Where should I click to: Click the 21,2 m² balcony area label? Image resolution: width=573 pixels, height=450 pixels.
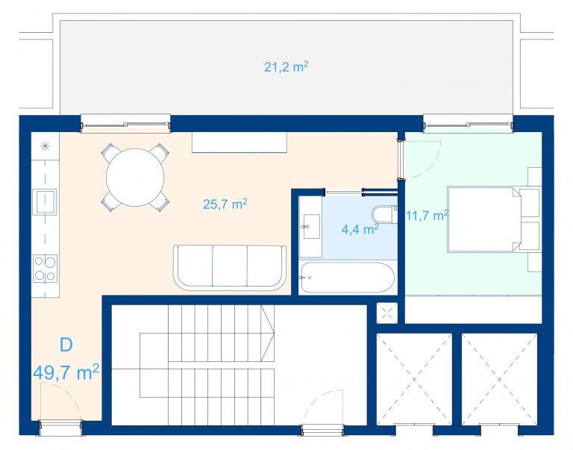(286, 66)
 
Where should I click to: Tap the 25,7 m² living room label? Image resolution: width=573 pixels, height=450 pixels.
(225, 204)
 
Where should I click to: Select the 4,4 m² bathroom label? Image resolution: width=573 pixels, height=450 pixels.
(360, 229)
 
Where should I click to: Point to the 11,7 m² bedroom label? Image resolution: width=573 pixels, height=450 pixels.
(428, 216)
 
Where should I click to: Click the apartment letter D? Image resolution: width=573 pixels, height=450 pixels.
(66, 345)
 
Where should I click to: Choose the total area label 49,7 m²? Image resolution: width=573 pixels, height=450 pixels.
(66, 372)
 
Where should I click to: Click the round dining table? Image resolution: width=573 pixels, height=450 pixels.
(135, 178)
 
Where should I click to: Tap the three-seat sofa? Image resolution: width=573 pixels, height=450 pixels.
(230, 268)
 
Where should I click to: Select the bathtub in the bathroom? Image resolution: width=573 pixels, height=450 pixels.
(346, 277)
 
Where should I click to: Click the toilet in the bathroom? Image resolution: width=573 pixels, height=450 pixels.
(383, 215)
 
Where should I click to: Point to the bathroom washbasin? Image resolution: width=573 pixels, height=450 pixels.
(310, 227)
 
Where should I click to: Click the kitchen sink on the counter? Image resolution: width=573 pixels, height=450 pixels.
(45, 201)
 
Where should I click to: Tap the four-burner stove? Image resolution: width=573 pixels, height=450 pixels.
(45, 269)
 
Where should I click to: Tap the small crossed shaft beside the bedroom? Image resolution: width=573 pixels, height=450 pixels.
(387, 313)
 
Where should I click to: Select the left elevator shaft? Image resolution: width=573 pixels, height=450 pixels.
(414, 378)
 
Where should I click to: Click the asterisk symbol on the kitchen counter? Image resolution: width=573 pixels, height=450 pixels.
(45, 146)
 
